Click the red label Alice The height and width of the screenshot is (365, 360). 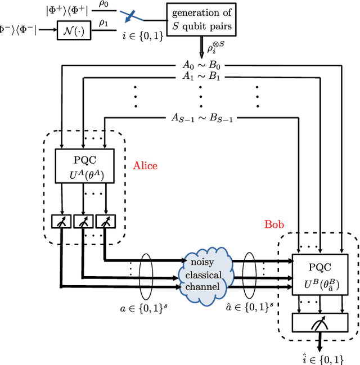145,166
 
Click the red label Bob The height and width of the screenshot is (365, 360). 274,224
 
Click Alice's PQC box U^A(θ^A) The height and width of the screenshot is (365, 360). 84,166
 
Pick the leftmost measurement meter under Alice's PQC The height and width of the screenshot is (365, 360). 58,223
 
